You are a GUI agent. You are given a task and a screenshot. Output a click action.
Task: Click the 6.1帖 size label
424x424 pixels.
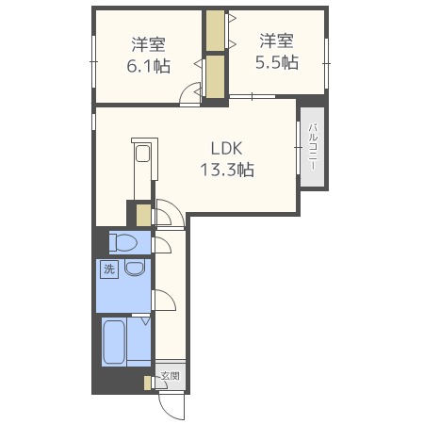pyautogui.click(x=149, y=66)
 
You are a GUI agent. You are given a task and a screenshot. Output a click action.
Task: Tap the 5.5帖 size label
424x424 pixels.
pyautogui.click(x=277, y=62)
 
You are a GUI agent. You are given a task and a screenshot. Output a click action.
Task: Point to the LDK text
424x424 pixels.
pyautogui.click(x=227, y=148)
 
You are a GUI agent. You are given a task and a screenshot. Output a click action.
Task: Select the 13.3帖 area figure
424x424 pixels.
pyautogui.click(x=227, y=170)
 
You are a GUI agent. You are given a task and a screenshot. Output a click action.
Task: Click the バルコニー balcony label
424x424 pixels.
pyautogui.click(x=313, y=147)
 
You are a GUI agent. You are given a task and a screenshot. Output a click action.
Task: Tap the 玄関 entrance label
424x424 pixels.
pyautogui.click(x=171, y=376)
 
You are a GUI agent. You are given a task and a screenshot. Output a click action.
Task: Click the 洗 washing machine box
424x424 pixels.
pyautogui.click(x=109, y=269)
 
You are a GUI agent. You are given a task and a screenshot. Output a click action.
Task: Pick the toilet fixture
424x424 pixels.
pyautogui.click(x=123, y=242)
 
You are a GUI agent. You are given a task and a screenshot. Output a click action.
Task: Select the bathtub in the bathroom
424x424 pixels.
pyautogui.click(x=114, y=342)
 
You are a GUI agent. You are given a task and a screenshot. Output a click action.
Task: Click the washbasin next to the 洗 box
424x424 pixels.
pyautogui.click(x=135, y=268)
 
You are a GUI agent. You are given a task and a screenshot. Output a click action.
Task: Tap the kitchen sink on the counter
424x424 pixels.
pyautogui.click(x=142, y=154)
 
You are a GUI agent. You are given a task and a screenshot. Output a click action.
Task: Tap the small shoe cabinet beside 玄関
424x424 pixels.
pyautogui.click(x=147, y=383)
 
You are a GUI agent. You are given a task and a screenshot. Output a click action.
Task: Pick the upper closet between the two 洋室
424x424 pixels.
pyautogui.click(x=215, y=30)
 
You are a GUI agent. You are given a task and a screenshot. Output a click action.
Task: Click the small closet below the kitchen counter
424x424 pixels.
pyautogui.click(x=143, y=215)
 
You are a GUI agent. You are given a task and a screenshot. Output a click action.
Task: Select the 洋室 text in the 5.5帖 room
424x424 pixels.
pyautogui.click(x=277, y=41)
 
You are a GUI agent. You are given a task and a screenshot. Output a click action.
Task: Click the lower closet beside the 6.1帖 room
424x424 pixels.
pyautogui.click(x=215, y=77)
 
